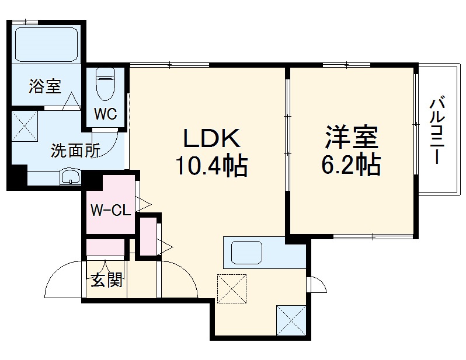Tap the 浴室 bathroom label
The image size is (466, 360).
45,87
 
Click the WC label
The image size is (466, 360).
107,114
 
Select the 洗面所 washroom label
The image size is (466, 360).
75,151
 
